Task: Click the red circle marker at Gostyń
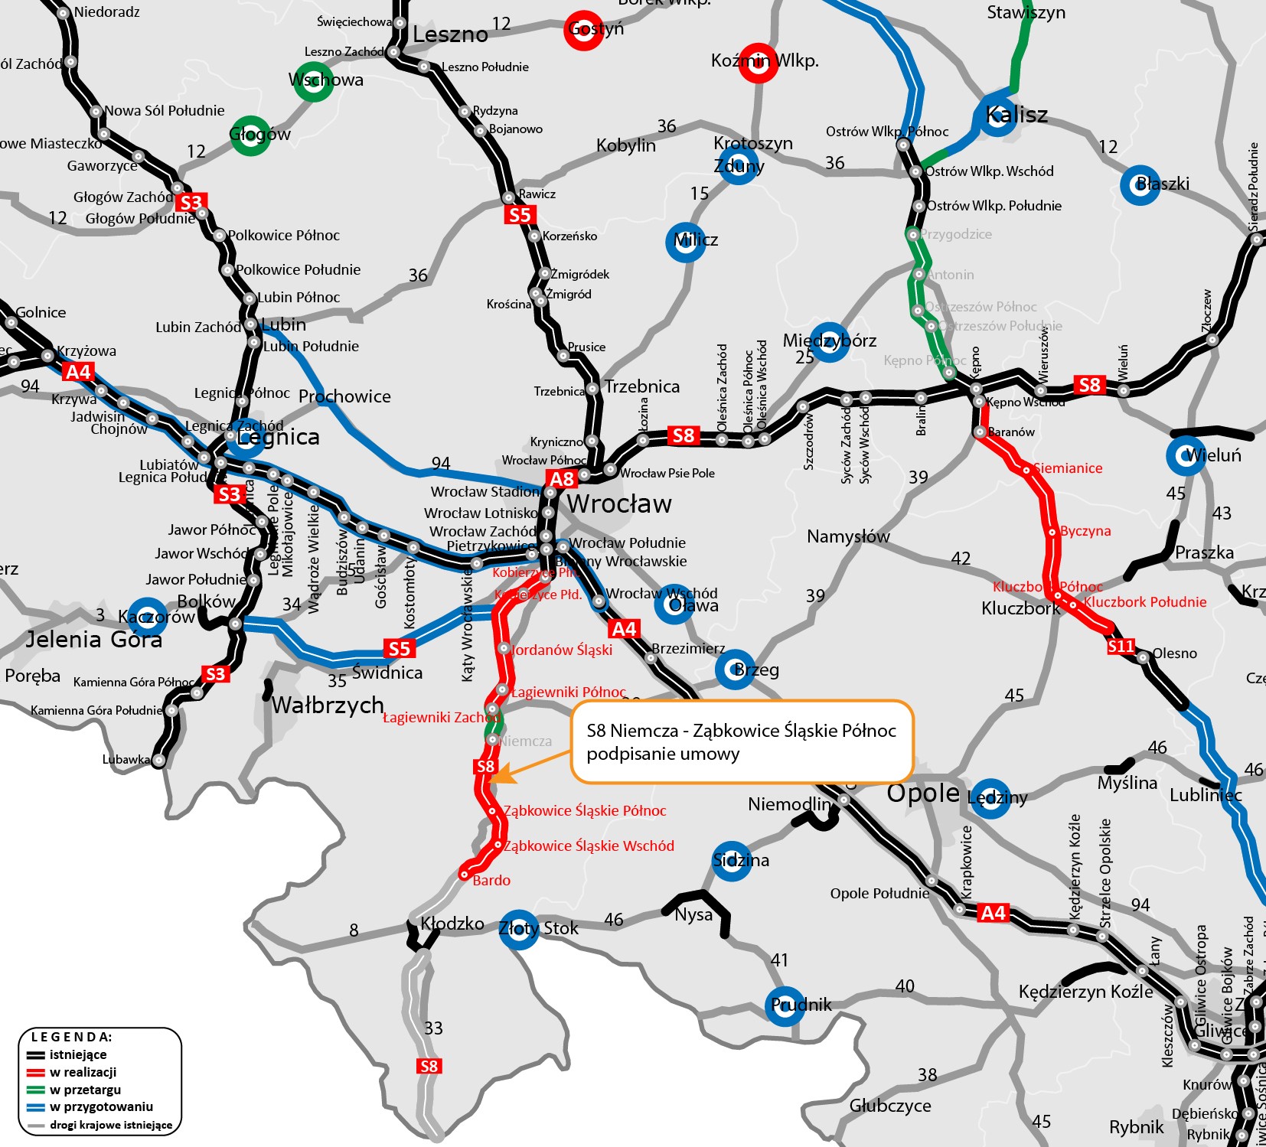pyautogui.click(x=583, y=30)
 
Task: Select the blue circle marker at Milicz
pyautogui.click(x=686, y=242)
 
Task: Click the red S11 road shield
pyautogui.click(x=1121, y=647)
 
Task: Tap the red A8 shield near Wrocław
pyautogui.click(x=562, y=479)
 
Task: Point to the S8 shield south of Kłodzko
pyautogui.click(x=429, y=1066)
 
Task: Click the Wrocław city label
pyautogui.click(x=619, y=504)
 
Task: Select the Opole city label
pyautogui.click(x=922, y=793)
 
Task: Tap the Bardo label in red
pyautogui.click(x=491, y=881)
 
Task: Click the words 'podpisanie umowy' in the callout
pyautogui.click(x=663, y=754)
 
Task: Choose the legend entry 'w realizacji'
pyautogui.click(x=83, y=1072)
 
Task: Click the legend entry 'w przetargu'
pyautogui.click(x=85, y=1090)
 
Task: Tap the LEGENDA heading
pyautogui.click(x=71, y=1037)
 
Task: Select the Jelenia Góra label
pyautogui.click(x=94, y=639)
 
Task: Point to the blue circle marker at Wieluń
pyautogui.click(x=1186, y=455)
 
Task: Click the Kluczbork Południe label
pyautogui.click(x=1145, y=602)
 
